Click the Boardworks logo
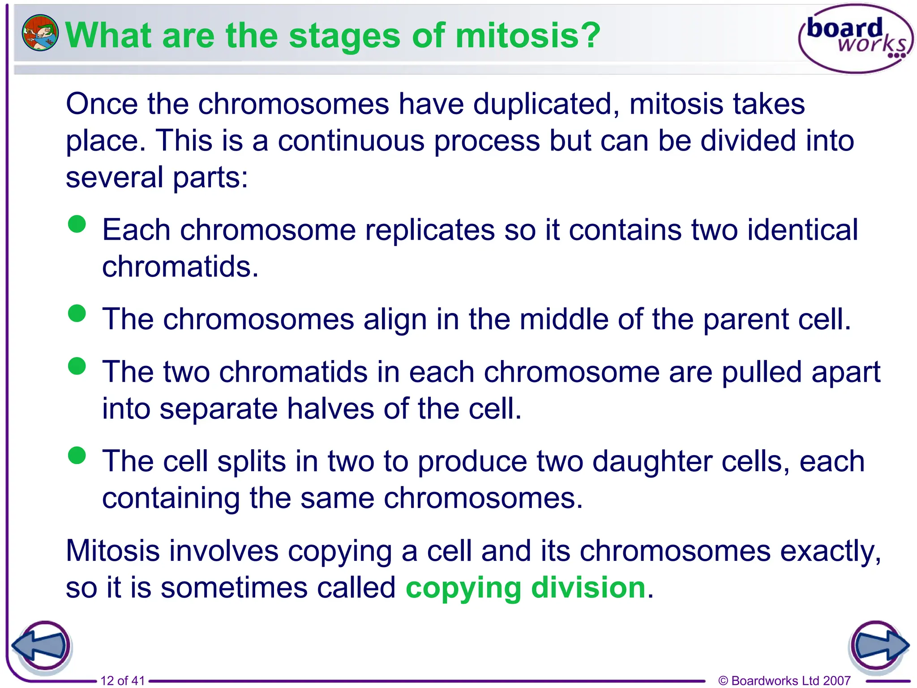coord(855,39)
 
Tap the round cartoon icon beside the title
coord(40,33)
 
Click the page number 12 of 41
coord(123,680)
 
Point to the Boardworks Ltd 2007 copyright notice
coord(784,680)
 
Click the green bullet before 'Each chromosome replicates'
coord(77,224)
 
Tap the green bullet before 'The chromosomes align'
coord(77,313)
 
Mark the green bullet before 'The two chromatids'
coord(77,366)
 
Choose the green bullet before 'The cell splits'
coord(77,456)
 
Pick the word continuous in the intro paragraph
coord(351,141)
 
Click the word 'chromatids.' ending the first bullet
coord(180,267)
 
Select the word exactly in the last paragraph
coord(831,551)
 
